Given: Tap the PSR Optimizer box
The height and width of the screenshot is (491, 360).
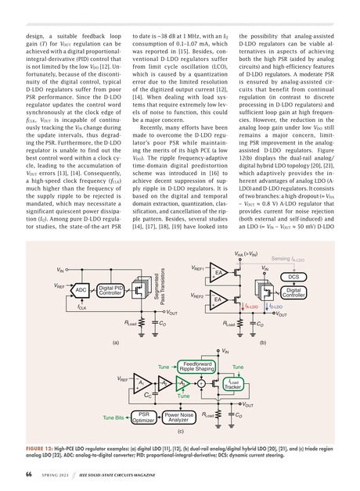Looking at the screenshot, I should [144, 418].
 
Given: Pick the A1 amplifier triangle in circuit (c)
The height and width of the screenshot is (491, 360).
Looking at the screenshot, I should [140, 383].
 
